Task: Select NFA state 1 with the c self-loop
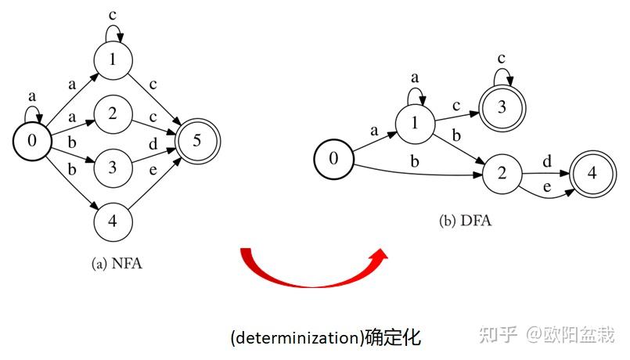pyautogui.click(x=113, y=59)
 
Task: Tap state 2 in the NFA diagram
pyautogui.click(x=113, y=114)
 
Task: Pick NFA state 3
pyautogui.click(x=113, y=167)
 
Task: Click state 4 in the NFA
pyautogui.click(x=113, y=220)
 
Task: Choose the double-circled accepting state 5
pyautogui.click(x=198, y=141)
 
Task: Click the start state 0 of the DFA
pyautogui.click(x=333, y=159)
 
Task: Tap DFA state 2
pyautogui.click(x=502, y=173)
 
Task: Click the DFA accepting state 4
pyautogui.click(x=590, y=173)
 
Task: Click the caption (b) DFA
pyautogui.click(x=465, y=221)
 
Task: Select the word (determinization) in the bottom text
pyautogui.click(x=296, y=338)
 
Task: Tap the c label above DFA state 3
pyautogui.click(x=502, y=59)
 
